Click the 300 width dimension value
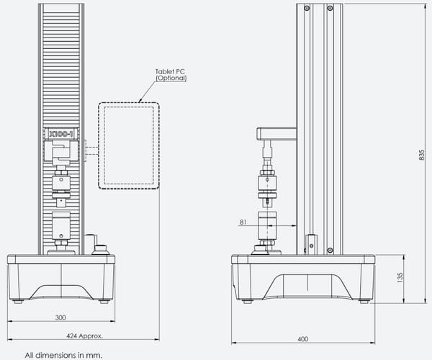coord(60,318)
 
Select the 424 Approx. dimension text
coord(84,336)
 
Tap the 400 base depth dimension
coord(303,339)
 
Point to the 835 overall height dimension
coord(421,155)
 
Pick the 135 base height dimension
coord(400,278)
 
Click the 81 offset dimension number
coord(243,222)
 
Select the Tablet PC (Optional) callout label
coord(171,75)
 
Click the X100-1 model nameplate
coord(61,134)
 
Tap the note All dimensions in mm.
coord(63,355)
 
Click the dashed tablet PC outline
coord(99,145)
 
